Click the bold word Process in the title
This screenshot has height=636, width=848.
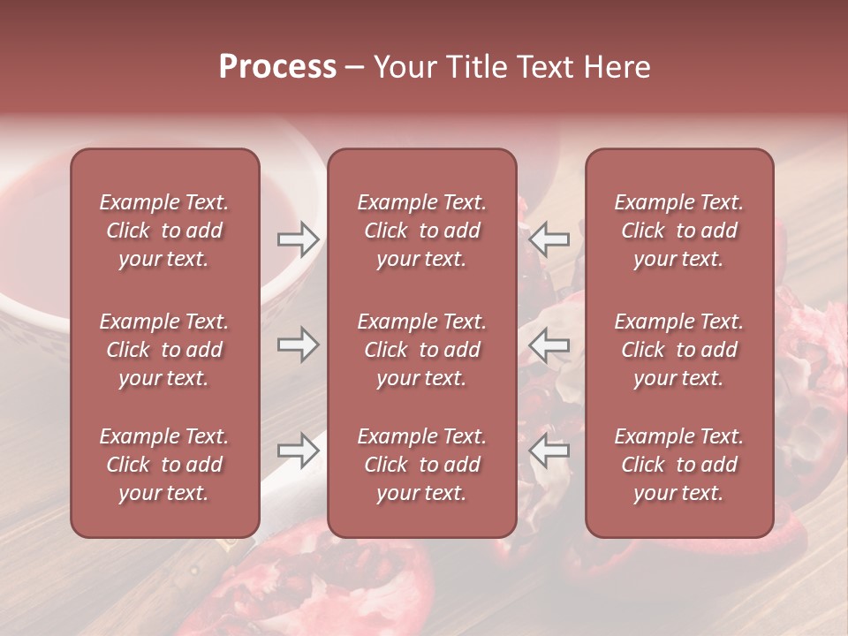pyautogui.click(x=277, y=67)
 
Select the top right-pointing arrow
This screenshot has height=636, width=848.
pyautogui.click(x=299, y=238)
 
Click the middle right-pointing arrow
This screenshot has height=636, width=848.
pyautogui.click(x=299, y=345)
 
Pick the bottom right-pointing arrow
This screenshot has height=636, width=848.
pyautogui.click(x=299, y=450)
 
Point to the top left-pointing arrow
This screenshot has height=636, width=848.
pyautogui.click(x=549, y=238)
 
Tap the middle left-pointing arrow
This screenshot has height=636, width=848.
pyautogui.click(x=549, y=345)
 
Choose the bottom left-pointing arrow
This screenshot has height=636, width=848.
pyautogui.click(x=549, y=450)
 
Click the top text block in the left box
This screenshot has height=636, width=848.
pyautogui.click(x=164, y=231)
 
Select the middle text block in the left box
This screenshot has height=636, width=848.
pyautogui.click(x=164, y=350)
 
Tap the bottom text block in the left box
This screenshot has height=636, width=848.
pyautogui.click(x=164, y=465)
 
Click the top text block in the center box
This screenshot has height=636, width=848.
pyautogui.click(x=421, y=231)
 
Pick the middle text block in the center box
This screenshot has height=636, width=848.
pyautogui.click(x=421, y=350)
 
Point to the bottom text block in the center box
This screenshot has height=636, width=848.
pyautogui.click(x=421, y=465)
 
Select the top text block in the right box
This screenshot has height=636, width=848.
pyautogui.click(x=678, y=231)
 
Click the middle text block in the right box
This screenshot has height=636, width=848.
pyautogui.click(x=678, y=350)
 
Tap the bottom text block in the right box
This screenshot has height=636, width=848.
pyautogui.click(x=678, y=465)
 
